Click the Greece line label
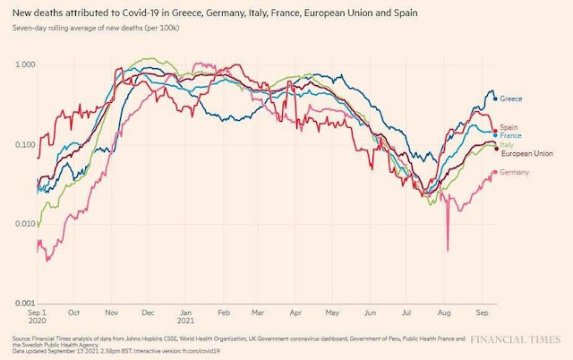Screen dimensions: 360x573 [511, 99]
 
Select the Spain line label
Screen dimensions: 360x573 [509, 127]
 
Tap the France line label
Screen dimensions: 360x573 [511, 135]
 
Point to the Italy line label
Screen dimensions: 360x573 [507, 145]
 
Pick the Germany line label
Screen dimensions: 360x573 [515, 172]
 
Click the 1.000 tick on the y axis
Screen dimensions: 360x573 [24, 65]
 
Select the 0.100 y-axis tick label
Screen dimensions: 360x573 [24, 145]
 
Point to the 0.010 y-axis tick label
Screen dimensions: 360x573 [24, 225]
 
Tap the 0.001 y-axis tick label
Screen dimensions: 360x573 [24, 304]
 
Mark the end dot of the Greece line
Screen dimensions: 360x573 [495, 99]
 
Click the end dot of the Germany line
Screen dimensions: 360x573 [495, 172]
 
